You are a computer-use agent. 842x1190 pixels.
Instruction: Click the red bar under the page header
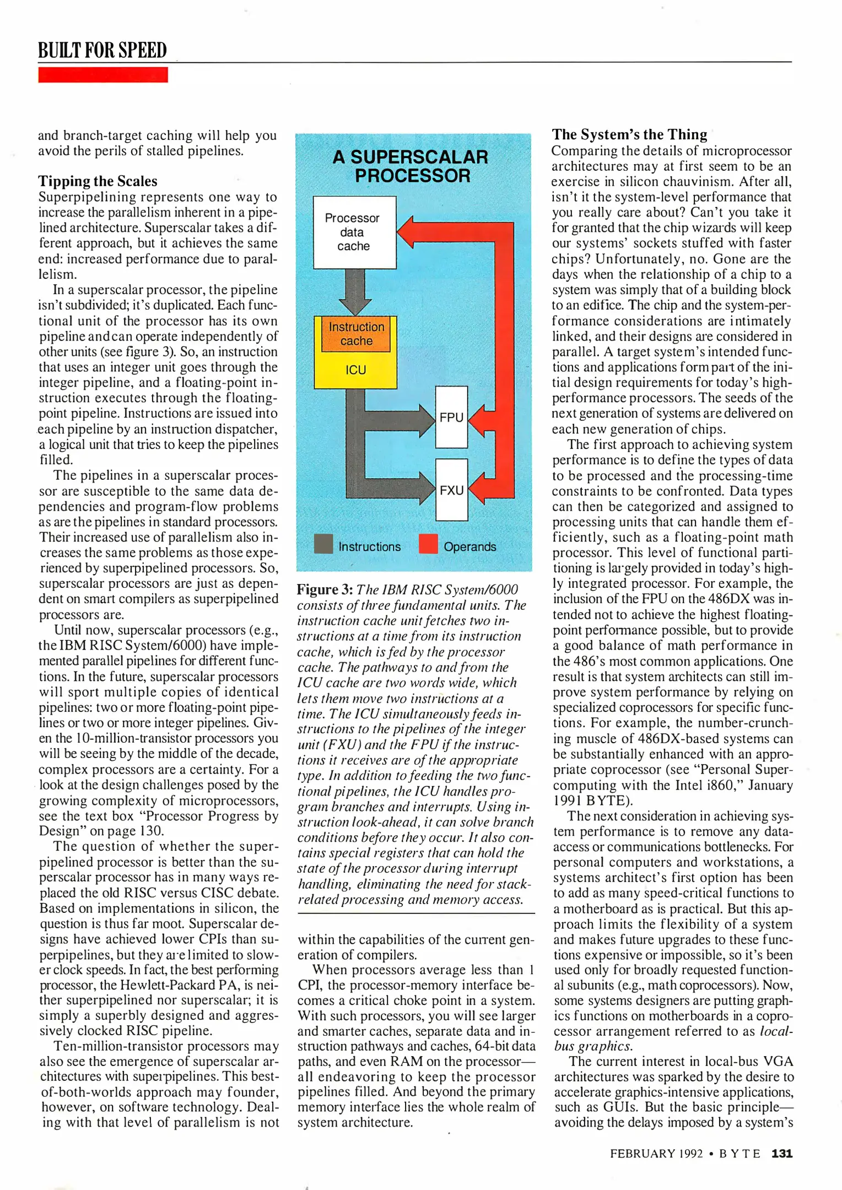pos(103,75)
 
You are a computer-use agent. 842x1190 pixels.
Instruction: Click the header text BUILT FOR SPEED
pos(102,50)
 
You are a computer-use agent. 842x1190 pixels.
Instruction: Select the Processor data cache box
pos(354,232)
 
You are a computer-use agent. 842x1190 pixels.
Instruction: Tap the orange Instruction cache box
pos(356,334)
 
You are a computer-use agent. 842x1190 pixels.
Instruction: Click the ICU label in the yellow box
pos(355,370)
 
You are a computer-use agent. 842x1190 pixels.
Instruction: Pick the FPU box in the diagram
pos(451,417)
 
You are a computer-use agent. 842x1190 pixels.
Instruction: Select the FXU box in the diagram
pos(451,490)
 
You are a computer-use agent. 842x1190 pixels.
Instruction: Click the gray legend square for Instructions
pos(323,544)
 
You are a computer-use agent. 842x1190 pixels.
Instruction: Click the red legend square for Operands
pos(428,544)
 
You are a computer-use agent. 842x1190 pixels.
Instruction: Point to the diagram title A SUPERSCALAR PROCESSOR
pos(411,166)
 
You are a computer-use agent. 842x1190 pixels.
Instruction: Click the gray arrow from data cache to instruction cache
pos(355,291)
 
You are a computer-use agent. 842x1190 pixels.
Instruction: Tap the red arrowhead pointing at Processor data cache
pos(407,231)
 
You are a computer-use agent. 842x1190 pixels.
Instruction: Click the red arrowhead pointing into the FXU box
pos(477,489)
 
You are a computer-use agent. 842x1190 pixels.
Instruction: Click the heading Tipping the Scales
pos(98,181)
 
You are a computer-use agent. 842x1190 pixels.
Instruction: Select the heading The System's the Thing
pos(629,134)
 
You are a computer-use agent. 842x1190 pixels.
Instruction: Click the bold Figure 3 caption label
pos(325,589)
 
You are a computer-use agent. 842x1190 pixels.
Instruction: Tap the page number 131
pos(781,1153)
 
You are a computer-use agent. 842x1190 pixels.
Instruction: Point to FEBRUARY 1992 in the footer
pos(656,1154)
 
